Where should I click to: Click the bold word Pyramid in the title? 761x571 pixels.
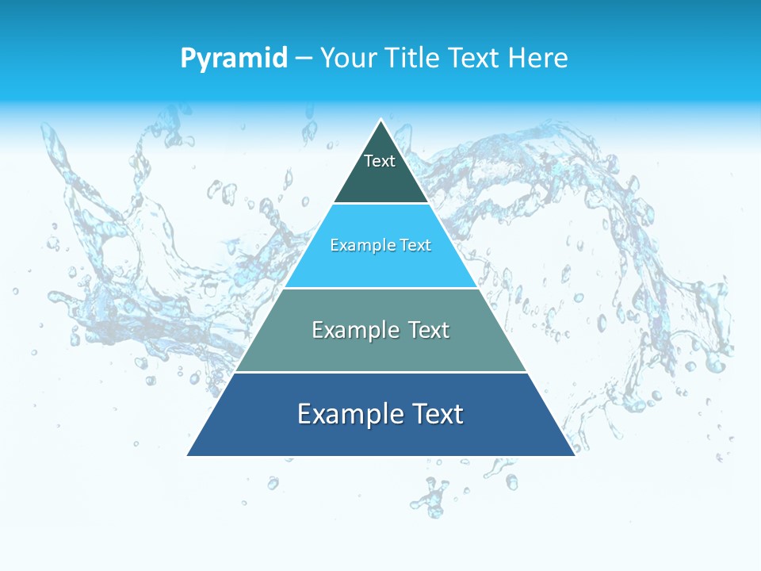pos(234,59)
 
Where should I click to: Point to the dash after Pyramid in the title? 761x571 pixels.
pos(304,59)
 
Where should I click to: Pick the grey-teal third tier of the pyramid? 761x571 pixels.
pos(381,349)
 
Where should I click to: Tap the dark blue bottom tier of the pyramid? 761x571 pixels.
pos(381,436)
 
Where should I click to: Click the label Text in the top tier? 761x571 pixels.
pos(380,161)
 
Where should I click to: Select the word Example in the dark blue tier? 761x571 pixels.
pos(346,414)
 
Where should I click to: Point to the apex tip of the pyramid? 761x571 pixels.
pos(381,121)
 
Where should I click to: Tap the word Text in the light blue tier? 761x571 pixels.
pos(415,246)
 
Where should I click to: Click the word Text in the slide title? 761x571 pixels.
pos(475,58)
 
